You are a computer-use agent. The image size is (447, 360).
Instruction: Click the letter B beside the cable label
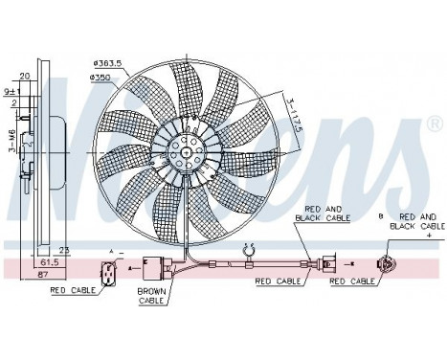[x=381, y=217]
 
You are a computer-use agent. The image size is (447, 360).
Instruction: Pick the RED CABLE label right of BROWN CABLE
[x=274, y=283]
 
